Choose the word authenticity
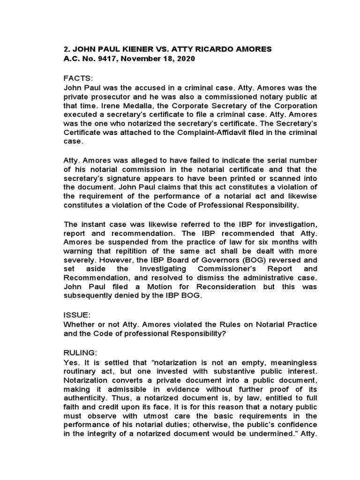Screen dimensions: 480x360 pyautogui.click(x=85, y=399)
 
